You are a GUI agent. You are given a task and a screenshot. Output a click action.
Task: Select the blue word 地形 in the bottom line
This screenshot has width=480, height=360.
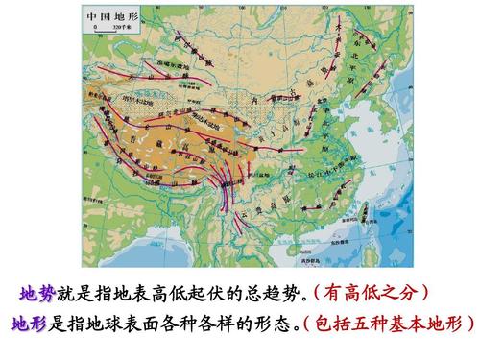point(29,324)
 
